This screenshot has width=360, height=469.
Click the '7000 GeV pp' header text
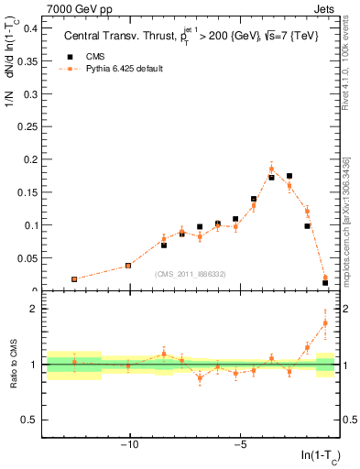(x=44, y=8)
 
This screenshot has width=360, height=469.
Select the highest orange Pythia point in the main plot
(x=271, y=169)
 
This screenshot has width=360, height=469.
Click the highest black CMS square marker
(x=289, y=176)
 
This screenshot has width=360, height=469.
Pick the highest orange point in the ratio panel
(x=325, y=322)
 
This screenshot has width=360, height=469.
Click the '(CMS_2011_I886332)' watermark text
(x=191, y=274)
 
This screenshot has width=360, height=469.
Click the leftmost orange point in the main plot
(x=74, y=278)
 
